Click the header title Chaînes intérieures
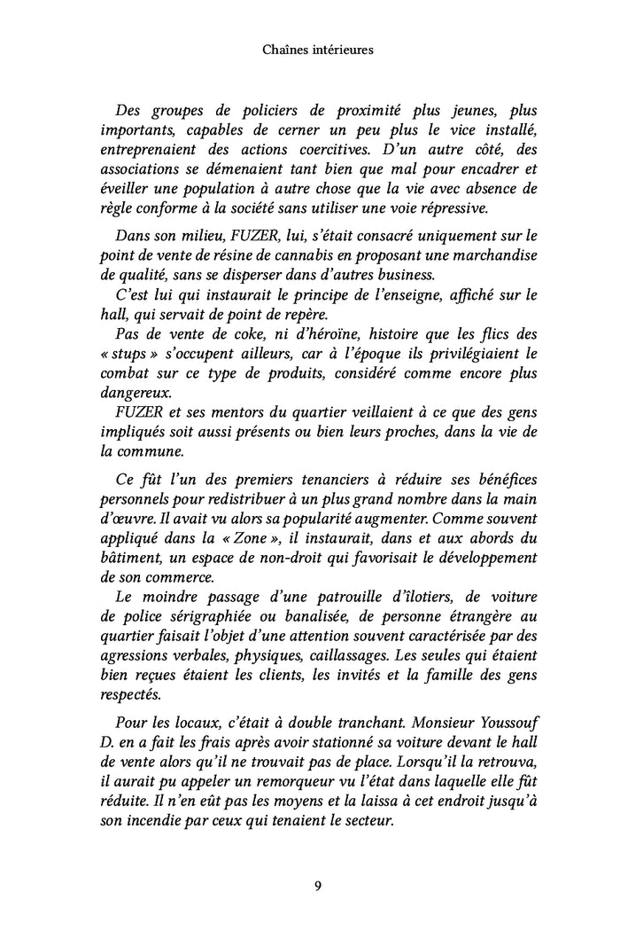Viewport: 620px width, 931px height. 317,51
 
